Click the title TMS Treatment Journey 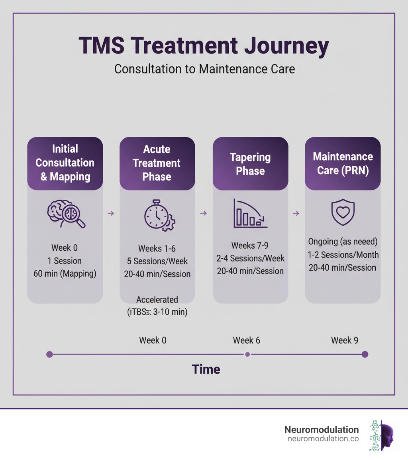(204, 46)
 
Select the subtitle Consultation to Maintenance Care (204, 69)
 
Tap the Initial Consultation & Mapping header (65, 163)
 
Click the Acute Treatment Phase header (157, 163)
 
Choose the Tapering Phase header (250, 163)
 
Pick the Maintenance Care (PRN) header (343, 163)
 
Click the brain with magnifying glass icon (66, 214)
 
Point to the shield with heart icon (343, 212)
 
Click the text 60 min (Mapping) (65, 274)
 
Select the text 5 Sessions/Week (157, 261)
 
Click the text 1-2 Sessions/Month (343, 255)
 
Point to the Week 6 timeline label (247, 340)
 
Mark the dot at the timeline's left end (49, 354)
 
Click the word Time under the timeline (206, 369)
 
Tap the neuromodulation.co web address (323, 439)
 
